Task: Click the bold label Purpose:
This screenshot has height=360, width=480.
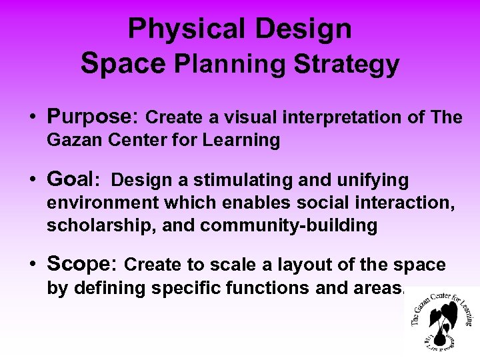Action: click(x=93, y=117)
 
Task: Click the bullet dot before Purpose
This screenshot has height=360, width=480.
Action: click(x=32, y=118)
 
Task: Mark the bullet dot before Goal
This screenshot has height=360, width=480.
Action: click(x=32, y=181)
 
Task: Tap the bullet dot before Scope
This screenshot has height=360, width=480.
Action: click(x=32, y=265)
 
